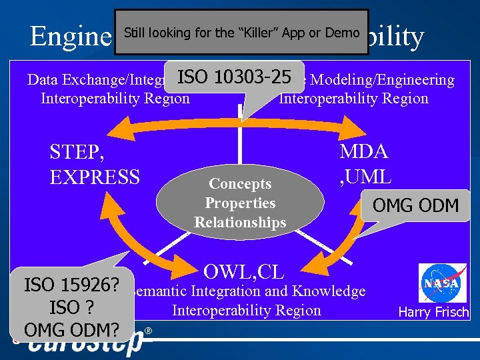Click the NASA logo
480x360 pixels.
(x=442, y=283)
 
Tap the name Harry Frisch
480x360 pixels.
(x=433, y=312)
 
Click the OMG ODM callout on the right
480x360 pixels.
(x=415, y=205)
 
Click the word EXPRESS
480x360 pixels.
(x=95, y=177)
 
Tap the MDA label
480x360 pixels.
(x=364, y=151)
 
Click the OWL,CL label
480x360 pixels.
(x=244, y=271)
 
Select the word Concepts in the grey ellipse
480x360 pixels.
(x=240, y=183)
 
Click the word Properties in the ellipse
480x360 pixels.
(x=240, y=203)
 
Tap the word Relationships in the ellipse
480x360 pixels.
(x=240, y=222)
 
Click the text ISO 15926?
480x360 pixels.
(x=71, y=286)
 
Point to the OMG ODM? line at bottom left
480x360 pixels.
(x=71, y=330)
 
